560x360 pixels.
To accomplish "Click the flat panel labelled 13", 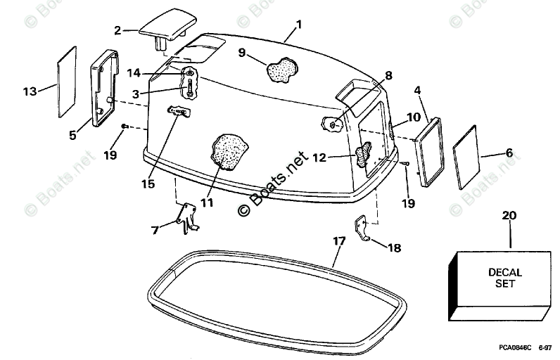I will click(65, 82).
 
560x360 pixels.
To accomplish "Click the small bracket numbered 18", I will click(363, 230).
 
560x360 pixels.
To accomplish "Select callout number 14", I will click(134, 72).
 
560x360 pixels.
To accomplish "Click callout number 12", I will click(319, 158).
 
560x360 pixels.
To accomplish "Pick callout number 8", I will click(388, 75).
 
